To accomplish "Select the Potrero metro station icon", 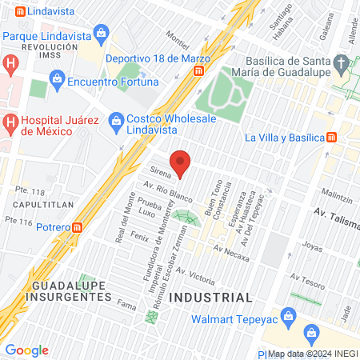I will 78,226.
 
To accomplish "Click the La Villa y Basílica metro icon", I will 330,137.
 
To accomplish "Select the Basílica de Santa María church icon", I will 342,62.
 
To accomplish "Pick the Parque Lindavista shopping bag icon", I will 102,34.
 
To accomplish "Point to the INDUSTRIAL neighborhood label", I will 214,297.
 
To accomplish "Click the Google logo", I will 26,350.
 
